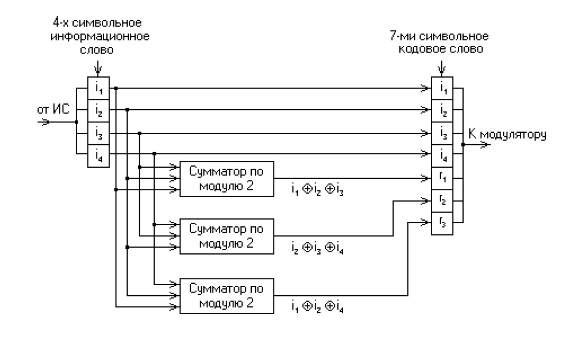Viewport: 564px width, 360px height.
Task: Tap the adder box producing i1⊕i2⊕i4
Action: pos(227,297)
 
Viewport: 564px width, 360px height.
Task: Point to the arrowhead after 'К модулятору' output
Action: pos(484,145)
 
